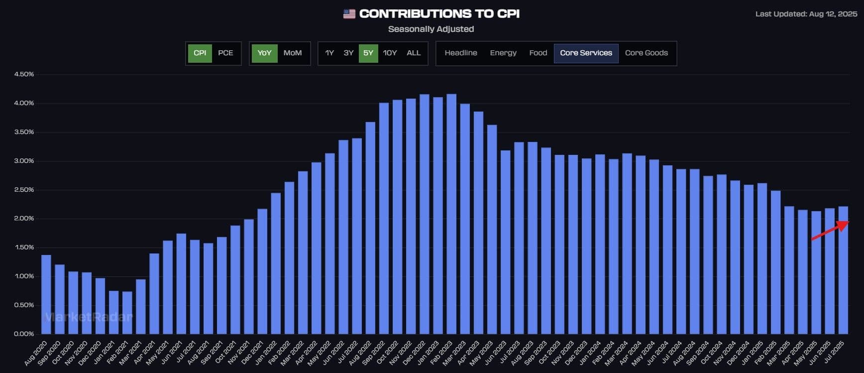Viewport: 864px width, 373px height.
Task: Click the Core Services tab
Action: point(586,53)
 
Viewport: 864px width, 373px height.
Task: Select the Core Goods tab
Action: point(646,53)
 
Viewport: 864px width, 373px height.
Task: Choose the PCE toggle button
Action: point(225,53)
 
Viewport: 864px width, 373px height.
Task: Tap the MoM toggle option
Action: point(292,53)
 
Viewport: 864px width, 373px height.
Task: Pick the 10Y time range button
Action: point(390,53)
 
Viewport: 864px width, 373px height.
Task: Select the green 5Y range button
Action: point(368,53)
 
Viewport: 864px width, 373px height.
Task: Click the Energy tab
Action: point(503,53)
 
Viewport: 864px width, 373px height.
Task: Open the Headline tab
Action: point(460,53)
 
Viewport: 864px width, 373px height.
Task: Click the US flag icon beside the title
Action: point(349,14)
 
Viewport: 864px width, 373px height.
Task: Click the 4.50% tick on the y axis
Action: point(24,74)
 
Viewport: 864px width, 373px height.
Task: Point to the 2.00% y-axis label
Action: point(24,219)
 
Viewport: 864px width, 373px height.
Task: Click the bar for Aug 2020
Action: point(46,294)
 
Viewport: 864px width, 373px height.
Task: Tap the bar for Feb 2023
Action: point(451,214)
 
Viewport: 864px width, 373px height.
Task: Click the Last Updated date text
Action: point(806,14)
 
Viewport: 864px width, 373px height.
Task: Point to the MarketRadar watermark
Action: point(89,317)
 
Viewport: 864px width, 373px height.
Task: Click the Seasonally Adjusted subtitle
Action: point(431,29)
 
